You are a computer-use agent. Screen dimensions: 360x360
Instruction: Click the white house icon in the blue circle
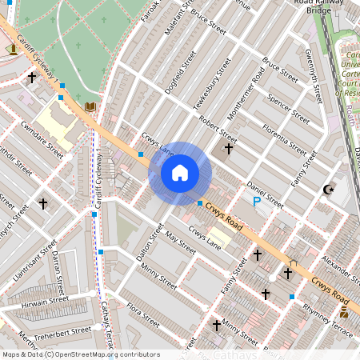click(180, 172)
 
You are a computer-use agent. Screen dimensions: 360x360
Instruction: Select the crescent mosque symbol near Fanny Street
click(326, 190)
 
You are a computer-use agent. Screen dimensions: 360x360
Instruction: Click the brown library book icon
click(90, 106)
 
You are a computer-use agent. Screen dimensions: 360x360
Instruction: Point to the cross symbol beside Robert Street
click(229, 148)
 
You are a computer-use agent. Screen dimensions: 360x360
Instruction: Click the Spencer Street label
click(288, 106)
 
